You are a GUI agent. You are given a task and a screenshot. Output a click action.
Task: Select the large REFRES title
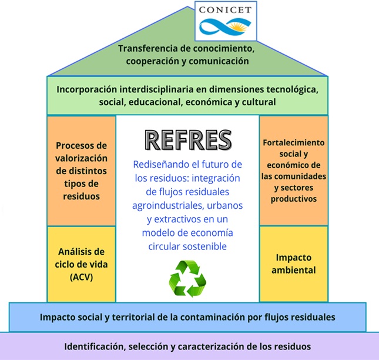[x=187, y=140]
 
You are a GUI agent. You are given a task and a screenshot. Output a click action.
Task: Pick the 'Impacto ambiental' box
[x=294, y=264]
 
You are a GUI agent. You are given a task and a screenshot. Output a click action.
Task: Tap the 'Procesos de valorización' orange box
[x=81, y=171]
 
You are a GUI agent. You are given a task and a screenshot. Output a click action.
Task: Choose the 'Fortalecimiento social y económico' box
[x=294, y=171]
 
